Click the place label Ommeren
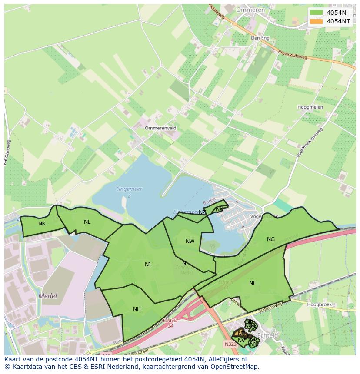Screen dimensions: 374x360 [x=250, y=10]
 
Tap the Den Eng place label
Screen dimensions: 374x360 [x=260, y=38]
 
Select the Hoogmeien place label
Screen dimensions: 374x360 [x=310, y=107]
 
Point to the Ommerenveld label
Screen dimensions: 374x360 [x=160, y=128]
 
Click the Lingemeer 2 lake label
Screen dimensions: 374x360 [x=129, y=192]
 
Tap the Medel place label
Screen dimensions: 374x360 [x=48, y=296]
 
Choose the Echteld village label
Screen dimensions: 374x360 [x=268, y=336]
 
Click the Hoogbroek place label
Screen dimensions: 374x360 [x=319, y=304]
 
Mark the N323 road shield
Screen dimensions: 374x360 [x=230, y=344]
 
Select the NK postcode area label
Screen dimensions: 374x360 [x=42, y=224]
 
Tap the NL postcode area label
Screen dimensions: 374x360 [x=87, y=222]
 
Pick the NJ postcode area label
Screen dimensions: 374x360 [x=148, y=264]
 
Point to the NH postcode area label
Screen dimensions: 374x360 [x=137, y=309]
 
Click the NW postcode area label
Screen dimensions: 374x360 [x=190, y=242]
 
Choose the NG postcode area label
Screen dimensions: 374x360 [x=271, y=239]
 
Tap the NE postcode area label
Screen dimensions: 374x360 [x=253, y=283]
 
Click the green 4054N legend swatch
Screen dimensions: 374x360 [x=317, y=13]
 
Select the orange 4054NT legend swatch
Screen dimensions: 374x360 [x=317, y=21]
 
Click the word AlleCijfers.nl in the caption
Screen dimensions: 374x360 [x=226, y=359]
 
